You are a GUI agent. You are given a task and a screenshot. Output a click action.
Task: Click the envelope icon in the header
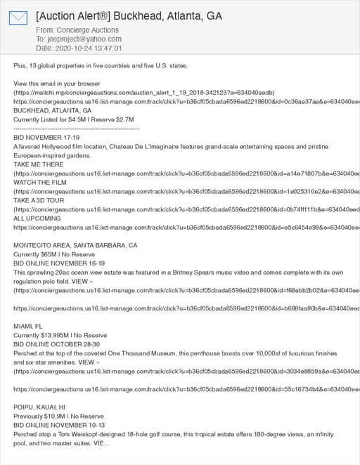click(18, 19)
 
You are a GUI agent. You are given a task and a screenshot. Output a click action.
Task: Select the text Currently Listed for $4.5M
click(49, 120)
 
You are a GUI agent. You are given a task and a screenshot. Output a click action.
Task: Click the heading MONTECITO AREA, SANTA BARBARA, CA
click(75, 245)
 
